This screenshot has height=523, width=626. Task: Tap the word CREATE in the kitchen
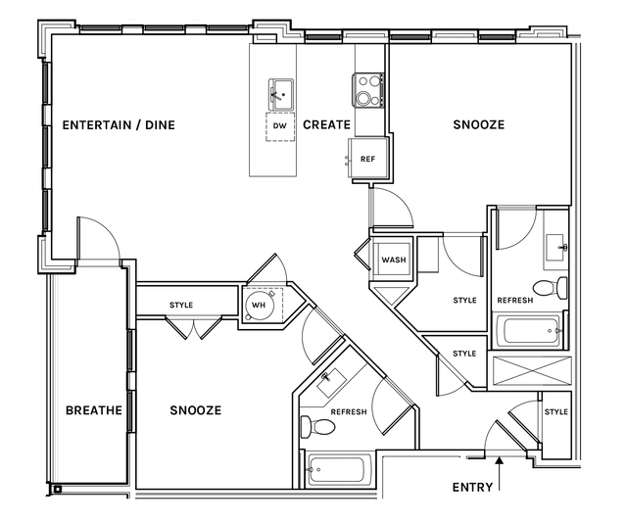326,125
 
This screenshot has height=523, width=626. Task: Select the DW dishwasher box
280,126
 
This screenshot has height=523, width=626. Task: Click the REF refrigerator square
368,158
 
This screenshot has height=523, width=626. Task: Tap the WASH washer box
394,261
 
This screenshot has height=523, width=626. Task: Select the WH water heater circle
260,305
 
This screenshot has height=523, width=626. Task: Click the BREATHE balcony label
94,410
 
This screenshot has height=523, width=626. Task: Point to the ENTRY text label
473,487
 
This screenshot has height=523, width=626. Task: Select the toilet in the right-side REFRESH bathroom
558,287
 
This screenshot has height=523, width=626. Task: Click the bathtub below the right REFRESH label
529,331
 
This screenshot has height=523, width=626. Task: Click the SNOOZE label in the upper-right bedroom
478,125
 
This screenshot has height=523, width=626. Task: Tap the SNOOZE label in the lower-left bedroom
195,410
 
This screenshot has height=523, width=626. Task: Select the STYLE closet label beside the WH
181,305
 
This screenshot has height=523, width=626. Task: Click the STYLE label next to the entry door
555,412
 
